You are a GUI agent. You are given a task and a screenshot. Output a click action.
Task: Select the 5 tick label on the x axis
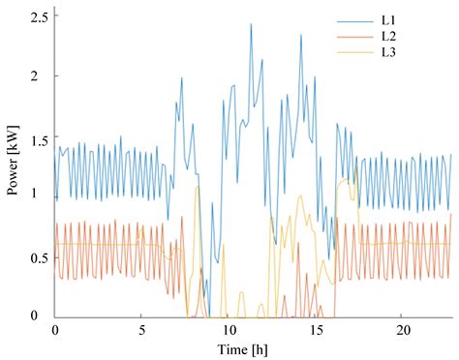tap(141, 329)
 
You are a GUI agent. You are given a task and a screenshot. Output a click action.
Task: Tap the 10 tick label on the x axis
tap(227, 329)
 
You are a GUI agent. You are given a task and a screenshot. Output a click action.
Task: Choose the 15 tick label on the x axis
tap(314, 329)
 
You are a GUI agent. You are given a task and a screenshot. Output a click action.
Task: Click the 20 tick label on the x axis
tap(400, 329)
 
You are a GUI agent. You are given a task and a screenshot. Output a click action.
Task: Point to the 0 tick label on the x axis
tap(55, 329)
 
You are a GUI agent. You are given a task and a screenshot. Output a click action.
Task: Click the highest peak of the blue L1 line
tap(251, 25)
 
